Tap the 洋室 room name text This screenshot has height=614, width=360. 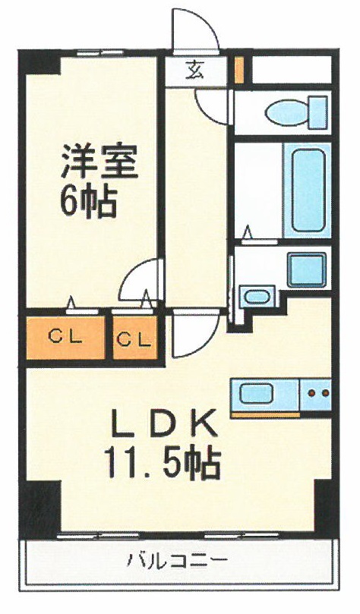pos(99,163)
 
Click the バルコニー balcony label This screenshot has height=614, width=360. pos(176,562)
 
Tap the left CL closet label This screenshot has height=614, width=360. pos(65,338)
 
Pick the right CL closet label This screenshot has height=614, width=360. pos(134,338)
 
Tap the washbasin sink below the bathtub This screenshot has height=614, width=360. pos(307,268)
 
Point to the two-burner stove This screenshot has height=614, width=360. pos(317,394)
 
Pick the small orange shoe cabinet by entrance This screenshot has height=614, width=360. pos(238,69)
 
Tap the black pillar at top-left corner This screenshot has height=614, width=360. pos(39,61)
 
